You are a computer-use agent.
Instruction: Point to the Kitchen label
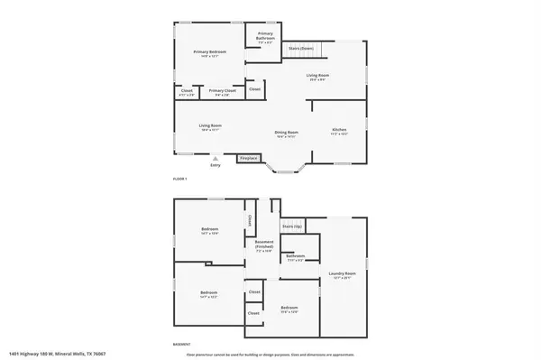[x=338, y=132]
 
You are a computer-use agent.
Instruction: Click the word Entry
[x=215, y=165]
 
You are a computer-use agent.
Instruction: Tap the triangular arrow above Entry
[x=215, y=158]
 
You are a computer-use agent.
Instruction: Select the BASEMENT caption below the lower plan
[x=181, y=344]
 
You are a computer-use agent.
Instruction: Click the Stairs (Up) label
[x=290, y=226]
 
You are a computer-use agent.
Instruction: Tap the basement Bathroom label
[x=296, y=256]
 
